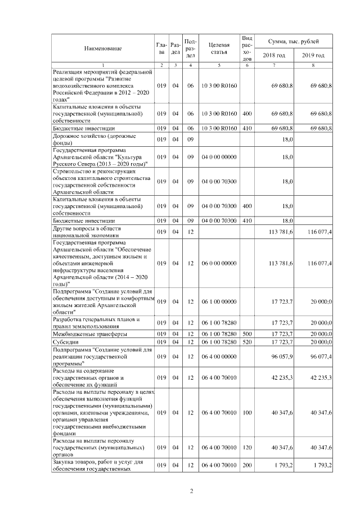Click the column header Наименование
[103, 48]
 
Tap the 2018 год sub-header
[274, 55]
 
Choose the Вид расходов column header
[246, 48]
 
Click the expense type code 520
[246, 341]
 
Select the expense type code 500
[246, 334]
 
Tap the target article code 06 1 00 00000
[219, 302]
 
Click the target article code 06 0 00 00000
[219, 263]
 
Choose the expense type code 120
[246, 448]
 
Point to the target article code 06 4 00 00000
[219, 357]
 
